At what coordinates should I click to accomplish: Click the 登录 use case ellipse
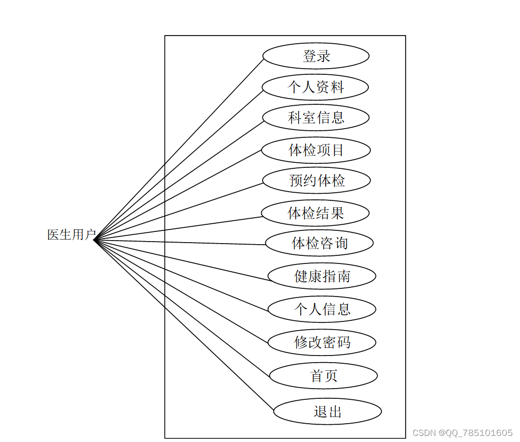point(315,56)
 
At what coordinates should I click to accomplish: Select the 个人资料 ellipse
point(315,87)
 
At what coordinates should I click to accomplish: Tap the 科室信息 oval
point(315,118)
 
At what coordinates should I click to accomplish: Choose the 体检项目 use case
point(315,150)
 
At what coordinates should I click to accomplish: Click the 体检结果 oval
point(315,213)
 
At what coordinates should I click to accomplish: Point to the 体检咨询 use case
point(319,243)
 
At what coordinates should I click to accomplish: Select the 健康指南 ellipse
point(322,276)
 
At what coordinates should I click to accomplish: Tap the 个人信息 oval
point(322,309)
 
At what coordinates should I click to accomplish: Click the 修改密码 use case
point(322,342)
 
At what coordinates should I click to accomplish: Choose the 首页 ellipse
point(323,376)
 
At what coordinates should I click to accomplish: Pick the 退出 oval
point(327,411)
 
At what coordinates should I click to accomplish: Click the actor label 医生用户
point(71,235)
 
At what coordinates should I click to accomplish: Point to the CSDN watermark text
point(462,433)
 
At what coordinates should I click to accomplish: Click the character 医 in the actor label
point(53,235)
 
